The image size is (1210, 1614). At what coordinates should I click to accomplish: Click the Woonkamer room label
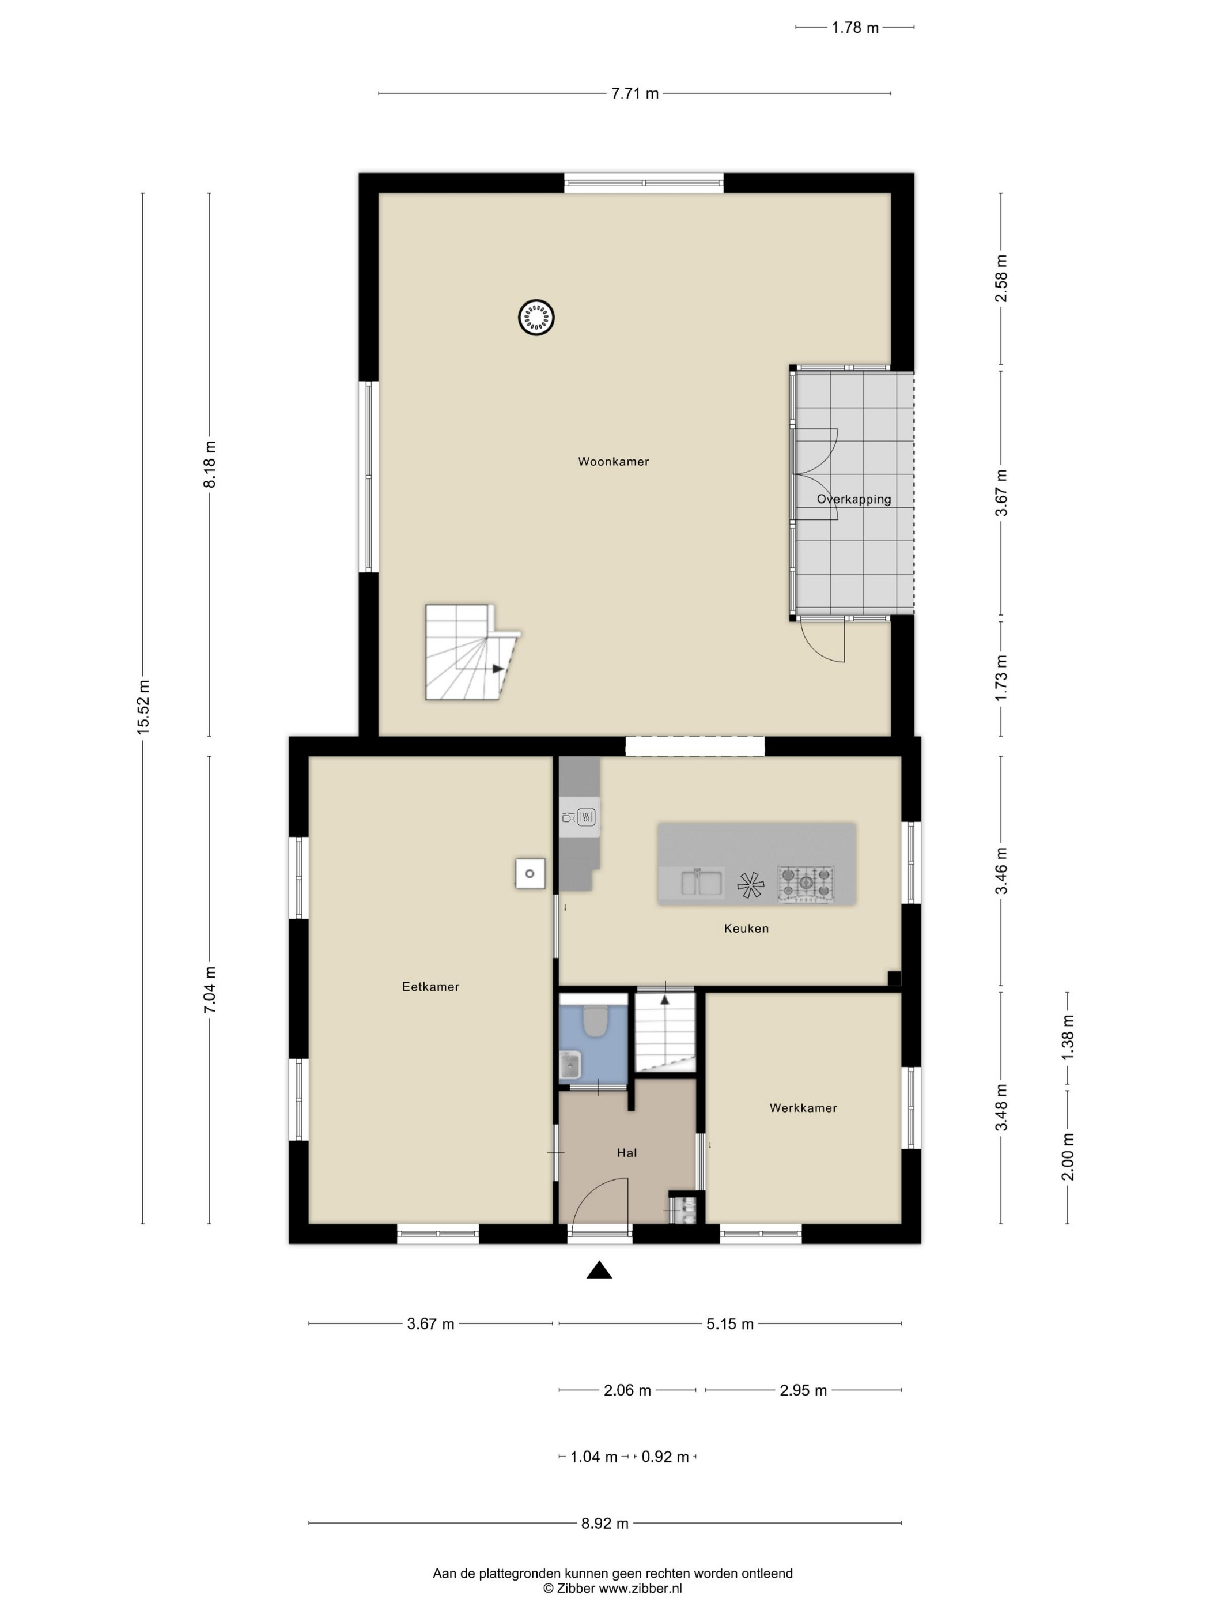614,461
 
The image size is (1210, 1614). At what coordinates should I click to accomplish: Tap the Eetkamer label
431,986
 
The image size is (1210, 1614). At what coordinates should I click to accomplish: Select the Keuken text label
746,928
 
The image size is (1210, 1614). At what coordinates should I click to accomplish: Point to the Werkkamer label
803,1108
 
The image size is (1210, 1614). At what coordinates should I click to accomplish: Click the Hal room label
626,1152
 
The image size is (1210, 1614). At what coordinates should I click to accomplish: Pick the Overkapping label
854,500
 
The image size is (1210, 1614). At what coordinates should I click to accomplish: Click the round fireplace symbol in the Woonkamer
536,318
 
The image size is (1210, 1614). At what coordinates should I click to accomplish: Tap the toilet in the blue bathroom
596,1021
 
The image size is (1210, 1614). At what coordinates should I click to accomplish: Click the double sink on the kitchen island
702,882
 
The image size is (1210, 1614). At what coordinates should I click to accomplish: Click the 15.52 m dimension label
143,706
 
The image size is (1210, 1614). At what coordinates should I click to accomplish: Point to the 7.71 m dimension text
636,93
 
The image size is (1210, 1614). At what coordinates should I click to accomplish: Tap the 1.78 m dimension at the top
855,28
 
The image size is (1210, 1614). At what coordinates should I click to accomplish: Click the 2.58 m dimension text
1001,279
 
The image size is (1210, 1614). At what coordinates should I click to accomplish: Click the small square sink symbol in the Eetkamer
530,873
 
